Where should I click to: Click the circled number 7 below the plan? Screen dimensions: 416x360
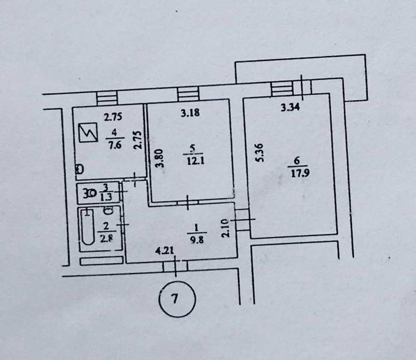point(177,299)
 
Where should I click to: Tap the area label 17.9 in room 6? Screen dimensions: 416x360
point(300,174)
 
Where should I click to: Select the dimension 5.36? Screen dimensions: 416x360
point(259,152)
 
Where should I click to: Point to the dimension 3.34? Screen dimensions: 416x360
point(290,108)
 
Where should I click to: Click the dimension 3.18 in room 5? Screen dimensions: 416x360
point(190,113)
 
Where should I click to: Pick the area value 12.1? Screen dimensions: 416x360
point(196,161)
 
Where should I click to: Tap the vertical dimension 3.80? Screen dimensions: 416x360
point(160,158)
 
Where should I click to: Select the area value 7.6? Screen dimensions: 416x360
point(114,145)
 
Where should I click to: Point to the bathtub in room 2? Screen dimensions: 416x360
point(88,228)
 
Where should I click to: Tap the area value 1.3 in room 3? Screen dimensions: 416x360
point(106,197)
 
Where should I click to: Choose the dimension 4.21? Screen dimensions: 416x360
point(164,250)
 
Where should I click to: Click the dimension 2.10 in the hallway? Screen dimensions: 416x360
point(225,228)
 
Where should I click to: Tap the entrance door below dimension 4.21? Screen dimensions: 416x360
point(175,266)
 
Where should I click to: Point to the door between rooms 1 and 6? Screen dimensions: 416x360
point(242,219)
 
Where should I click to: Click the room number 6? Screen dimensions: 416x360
point(297,161)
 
